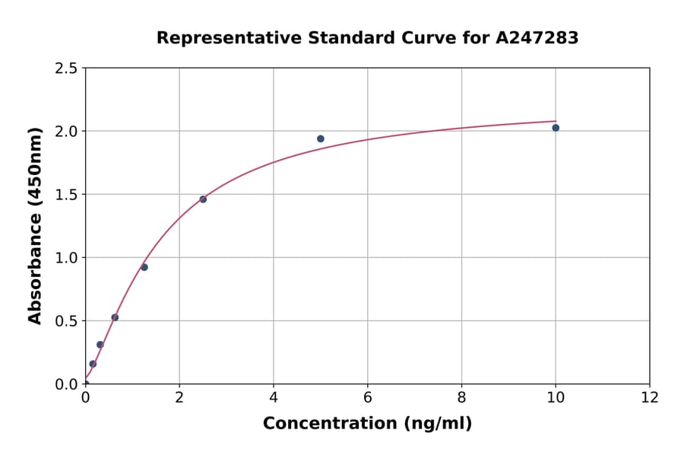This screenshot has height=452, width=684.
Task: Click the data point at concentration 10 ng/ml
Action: tap(556, 128)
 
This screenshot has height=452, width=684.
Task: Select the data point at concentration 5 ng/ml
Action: tap(321, 138)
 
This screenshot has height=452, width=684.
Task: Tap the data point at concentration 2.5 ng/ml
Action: tap(203, 199)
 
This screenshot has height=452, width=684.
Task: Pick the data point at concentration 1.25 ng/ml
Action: tap(144, 267)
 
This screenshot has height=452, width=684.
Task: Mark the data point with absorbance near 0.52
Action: tap(115, 317)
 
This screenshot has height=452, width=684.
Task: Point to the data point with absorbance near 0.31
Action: tap(100, 345)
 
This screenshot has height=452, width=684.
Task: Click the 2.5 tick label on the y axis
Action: tap(66, 68)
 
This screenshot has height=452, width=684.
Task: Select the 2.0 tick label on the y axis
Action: tap(66, 132)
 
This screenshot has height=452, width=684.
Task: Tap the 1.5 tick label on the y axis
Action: tap(66, 195)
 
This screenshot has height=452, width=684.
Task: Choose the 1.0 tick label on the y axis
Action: tap(66, 258)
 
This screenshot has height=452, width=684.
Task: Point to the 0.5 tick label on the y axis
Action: tap(66, 321)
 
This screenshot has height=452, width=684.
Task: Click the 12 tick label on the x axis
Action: tap(650, 397)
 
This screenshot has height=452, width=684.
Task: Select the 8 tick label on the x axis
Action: tap(461, 397)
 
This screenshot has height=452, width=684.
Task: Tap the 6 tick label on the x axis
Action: tap(368, 397)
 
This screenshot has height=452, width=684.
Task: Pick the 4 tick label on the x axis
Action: tap(274, 397)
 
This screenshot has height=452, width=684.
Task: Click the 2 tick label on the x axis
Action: tap(179, 397)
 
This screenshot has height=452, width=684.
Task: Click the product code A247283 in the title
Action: tap(537, 37)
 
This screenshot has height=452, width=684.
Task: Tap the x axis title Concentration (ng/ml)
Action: tap(367, 423)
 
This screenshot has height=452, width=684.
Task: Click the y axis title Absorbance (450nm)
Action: tap(35, 226)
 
